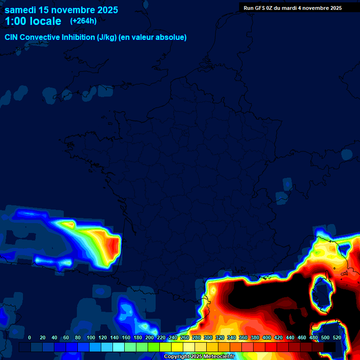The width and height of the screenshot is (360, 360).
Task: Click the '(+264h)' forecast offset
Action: coord(83,21)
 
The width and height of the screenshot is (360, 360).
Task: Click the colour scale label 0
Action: coord(30,337)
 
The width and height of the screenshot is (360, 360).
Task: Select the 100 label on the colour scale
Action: coord(91,337)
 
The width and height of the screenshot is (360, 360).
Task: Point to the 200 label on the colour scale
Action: coord(150,337)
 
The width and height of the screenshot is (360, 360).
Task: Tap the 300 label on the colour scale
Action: coord(208,337)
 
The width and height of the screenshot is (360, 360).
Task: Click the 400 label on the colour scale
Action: coord(267,337)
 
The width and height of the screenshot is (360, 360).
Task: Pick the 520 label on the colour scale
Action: coord(337,337)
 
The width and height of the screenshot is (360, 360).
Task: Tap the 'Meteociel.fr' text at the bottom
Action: coord(219,356)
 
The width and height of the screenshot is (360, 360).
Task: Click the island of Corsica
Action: coord(322,293)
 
